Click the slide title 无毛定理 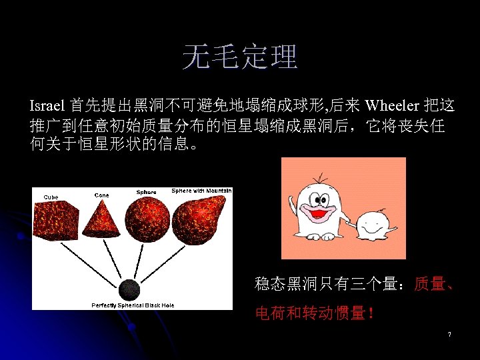(x=240, y=57)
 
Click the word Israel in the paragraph (x=47, y=105)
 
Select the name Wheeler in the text (x=392, y=105)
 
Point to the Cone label (x=101, y=195)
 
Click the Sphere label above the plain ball (x=146, y=192)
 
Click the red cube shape (x=57, y=221)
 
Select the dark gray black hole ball (x=129, y=290)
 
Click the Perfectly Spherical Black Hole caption (x=133, y=305)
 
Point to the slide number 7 (x=450, y=333)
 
